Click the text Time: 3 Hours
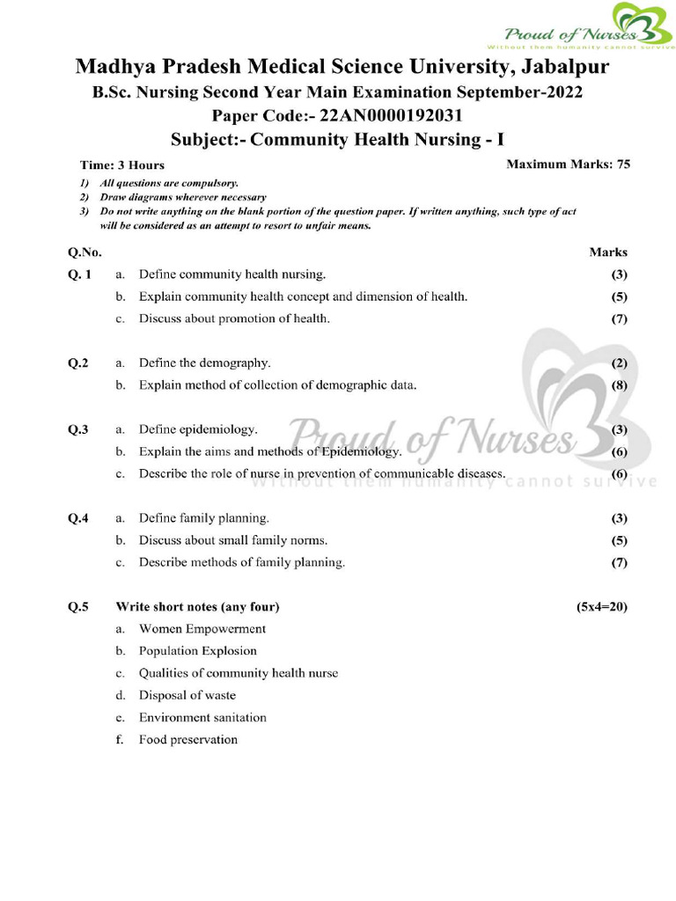pos(122,165)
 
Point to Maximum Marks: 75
pos(568,164)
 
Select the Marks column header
pos(607,252)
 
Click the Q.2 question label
pos(78,363)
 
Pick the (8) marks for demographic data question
pos(619,385)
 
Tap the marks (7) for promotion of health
pos(619,319)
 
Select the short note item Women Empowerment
pos(202,629)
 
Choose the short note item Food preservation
pos(187,739)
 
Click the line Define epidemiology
pos(198,429)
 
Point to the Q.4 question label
pos(78,518)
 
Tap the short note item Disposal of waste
pos(187,695)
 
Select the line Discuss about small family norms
pos(232,540)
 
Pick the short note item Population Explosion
pos(197,651)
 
